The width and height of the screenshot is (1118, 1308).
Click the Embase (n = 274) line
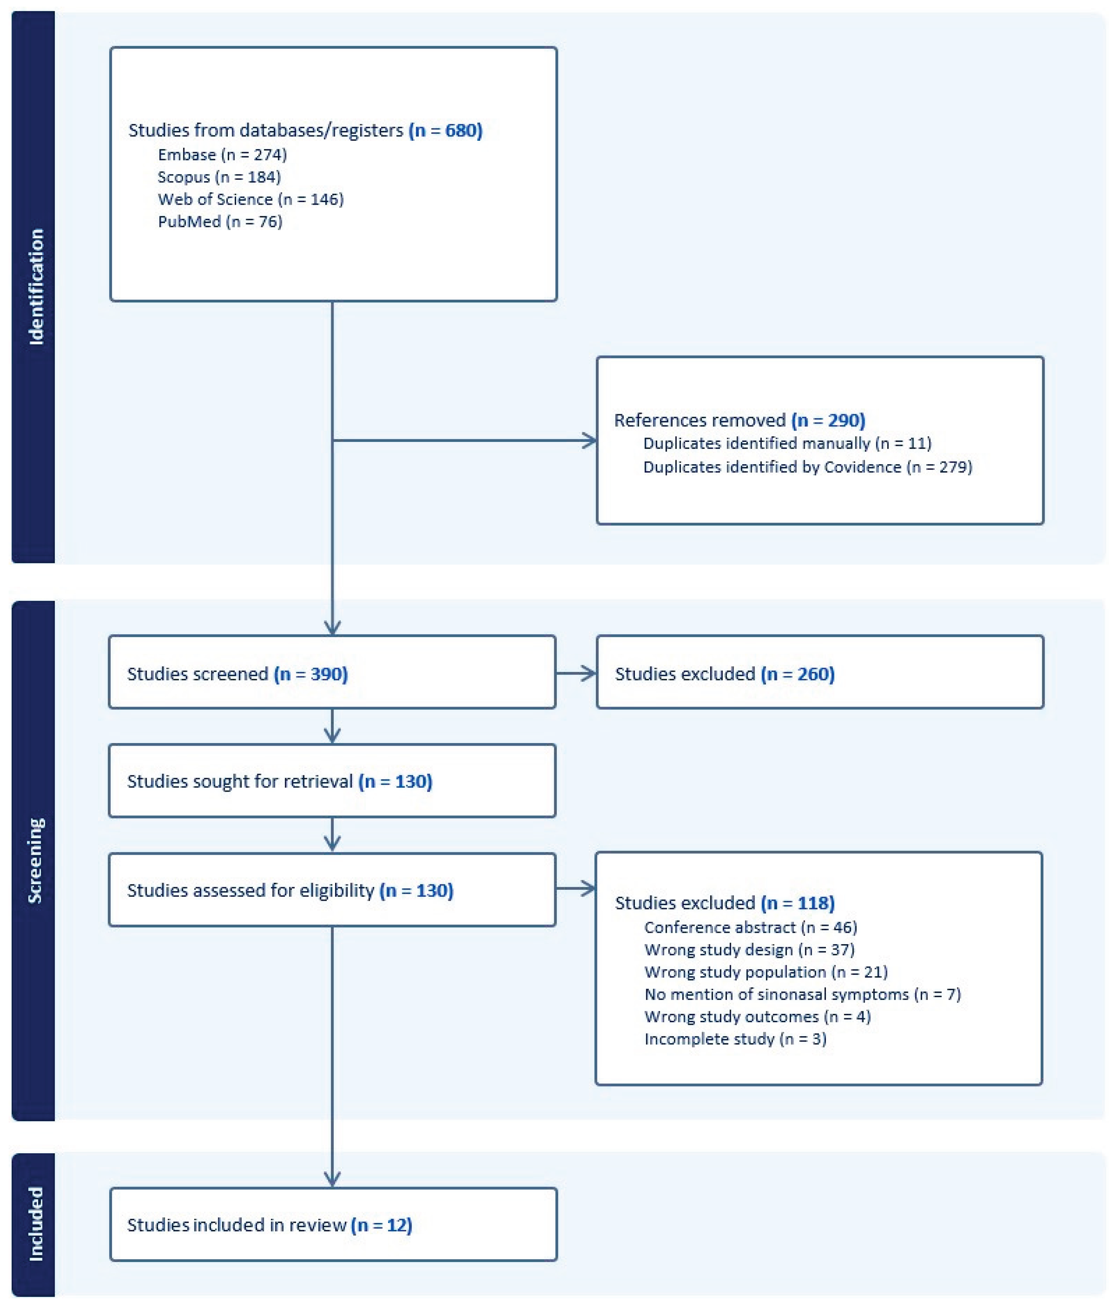(222, 155)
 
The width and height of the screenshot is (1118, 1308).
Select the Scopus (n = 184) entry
(219, 177)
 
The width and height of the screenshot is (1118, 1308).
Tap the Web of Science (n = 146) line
(251, 199)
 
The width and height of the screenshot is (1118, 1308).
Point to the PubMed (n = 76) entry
(220, 221)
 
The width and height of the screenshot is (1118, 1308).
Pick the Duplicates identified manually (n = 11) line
(787, 443)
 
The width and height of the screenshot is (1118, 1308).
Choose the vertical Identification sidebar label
(36, 287)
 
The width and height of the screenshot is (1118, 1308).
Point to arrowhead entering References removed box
(589, 441)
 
